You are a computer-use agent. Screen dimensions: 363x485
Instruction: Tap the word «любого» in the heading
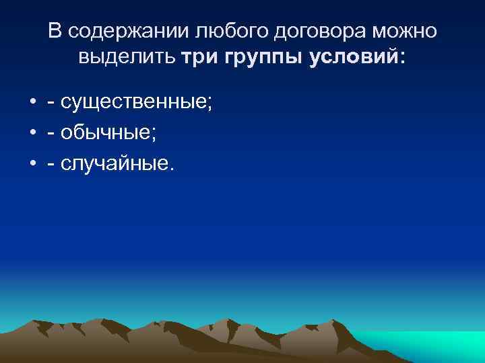216,31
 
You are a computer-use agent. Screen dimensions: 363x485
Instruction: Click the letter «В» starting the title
55,31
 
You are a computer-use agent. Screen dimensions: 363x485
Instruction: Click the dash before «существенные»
51,104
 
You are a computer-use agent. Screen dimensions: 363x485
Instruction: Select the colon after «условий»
403,59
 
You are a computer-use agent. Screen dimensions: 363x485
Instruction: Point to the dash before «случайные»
51,165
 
